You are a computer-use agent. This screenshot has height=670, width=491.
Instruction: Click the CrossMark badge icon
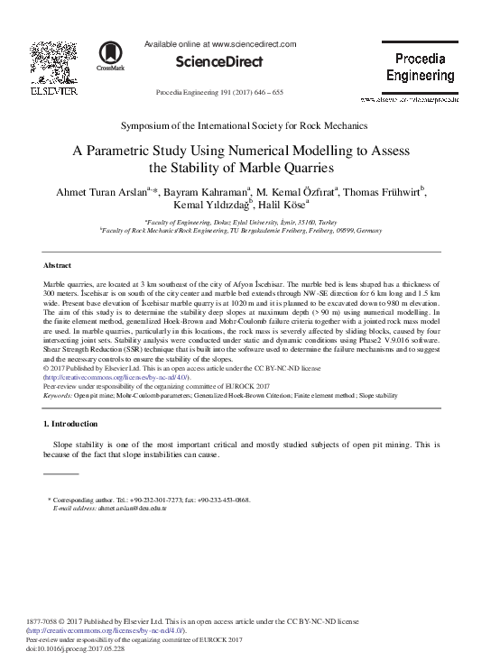tap(113, 55)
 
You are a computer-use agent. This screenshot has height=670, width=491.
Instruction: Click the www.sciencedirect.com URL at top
tap(254, 43)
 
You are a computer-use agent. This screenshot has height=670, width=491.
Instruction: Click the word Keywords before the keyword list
tap(59, 395)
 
